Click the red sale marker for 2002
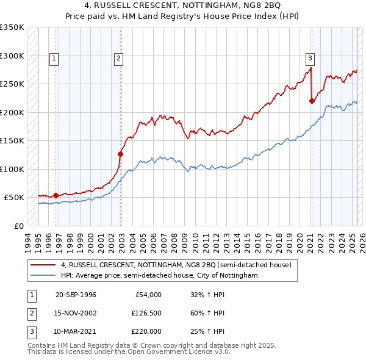(x=121, y=154)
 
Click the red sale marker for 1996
(x=56, y=195)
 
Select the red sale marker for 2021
(x=312, y=101)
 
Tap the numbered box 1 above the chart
(x=54, y=59)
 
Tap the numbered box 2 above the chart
(x=118, y=59)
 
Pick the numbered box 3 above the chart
(x=310, y=59)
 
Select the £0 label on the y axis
(x=18, y=226)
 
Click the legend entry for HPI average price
(x=159, y=276)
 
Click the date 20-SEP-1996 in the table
(x=76, y=295)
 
